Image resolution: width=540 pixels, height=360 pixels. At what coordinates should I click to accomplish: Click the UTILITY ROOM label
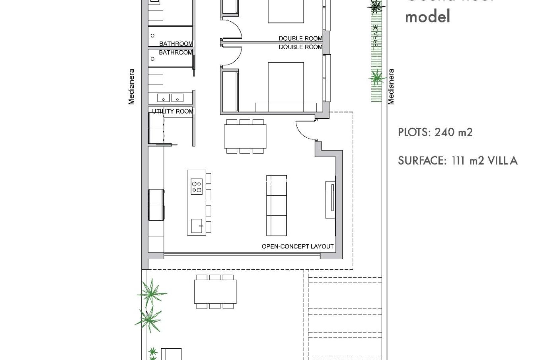coord(173,111)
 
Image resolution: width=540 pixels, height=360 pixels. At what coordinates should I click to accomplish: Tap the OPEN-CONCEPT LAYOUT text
coord(297,247)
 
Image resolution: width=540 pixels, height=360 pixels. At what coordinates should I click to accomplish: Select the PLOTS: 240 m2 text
coord(435,133)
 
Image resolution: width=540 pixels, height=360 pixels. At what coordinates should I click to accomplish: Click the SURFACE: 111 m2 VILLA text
coord(458,161)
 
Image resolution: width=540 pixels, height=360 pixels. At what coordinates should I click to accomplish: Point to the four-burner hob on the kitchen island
coord(196,186)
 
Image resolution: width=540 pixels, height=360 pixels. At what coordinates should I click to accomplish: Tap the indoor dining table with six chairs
coord(245,136)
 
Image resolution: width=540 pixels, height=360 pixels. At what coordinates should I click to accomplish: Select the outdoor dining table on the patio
coord(215,292)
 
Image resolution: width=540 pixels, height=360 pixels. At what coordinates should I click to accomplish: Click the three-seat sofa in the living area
coord(276,205)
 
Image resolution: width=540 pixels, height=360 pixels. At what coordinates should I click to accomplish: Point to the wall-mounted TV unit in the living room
coord(330,200)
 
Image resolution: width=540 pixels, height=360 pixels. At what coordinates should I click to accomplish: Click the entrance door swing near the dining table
coord(305,130)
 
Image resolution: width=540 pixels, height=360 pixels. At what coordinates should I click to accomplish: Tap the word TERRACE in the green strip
coord(376,37)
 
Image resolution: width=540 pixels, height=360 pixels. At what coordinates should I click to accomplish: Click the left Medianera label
coord(132,87)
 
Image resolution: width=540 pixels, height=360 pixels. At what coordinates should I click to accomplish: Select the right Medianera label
coord(391,87)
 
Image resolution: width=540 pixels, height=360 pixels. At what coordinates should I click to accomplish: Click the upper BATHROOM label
coord(176,44)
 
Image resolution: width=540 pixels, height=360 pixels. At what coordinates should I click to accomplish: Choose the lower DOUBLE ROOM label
coord(301,47)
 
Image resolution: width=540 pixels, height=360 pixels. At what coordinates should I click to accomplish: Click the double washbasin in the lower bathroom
coord(170,98)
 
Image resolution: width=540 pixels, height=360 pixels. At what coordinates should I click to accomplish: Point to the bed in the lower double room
coord(286,87)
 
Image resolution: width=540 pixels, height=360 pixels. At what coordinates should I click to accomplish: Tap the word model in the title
coord(427,16)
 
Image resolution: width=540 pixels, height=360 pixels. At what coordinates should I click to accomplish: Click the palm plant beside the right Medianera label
coord(376,78)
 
